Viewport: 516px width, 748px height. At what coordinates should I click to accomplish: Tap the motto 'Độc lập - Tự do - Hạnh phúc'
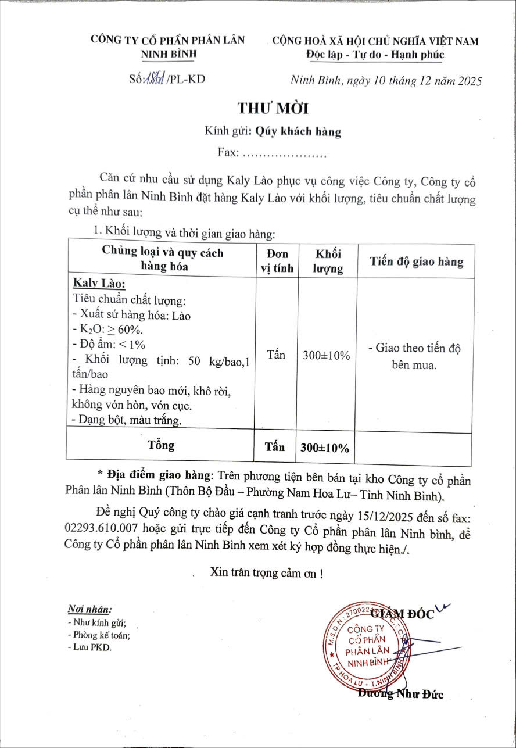click(x=375, y=55)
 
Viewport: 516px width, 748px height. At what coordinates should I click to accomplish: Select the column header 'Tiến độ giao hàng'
click(x=417, y=261)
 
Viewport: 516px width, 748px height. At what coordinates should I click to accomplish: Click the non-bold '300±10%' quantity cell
click(x=327, y=356)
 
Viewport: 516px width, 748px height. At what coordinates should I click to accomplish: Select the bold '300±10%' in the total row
click(x=325, y=448)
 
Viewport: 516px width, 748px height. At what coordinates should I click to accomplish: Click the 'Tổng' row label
click(x=161, y=445)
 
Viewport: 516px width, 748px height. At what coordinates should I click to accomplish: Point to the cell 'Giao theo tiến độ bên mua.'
click(x=414, y=357)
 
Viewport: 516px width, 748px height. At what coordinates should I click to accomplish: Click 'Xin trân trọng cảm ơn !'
click(x=266, y=572)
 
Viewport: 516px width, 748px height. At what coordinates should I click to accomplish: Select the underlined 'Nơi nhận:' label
click(x=89, y=609)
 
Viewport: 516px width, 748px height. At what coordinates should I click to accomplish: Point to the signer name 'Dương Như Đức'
click(x=401, y=693)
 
